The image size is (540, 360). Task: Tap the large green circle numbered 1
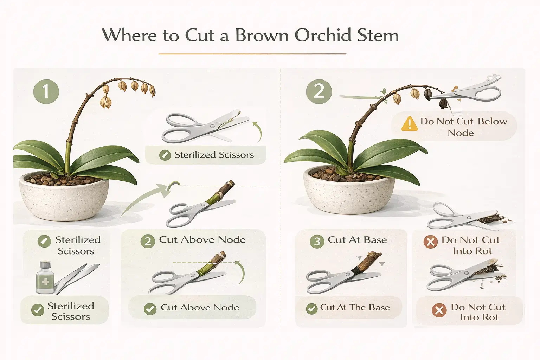click(46, 92)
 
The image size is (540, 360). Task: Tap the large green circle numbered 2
click(319, 92)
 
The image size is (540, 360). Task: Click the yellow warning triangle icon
click(409, 124)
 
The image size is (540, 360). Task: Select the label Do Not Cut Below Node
click(463, 127)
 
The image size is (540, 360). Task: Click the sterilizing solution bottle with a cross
click(45, 277)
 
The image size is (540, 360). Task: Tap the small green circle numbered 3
click(317, 242)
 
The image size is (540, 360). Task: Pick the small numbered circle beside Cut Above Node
click(148, 241)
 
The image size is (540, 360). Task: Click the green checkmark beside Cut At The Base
click(311, 309)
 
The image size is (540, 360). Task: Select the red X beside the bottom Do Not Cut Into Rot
click(439, 310)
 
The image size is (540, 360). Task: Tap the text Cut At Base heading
click(357, 240)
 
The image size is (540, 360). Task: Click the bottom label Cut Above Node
click(200, 307)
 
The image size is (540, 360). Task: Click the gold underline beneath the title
click(252, 54)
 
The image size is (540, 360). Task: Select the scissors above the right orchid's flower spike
click(468, 90)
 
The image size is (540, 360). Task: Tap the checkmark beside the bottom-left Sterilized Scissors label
click(37, 310)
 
